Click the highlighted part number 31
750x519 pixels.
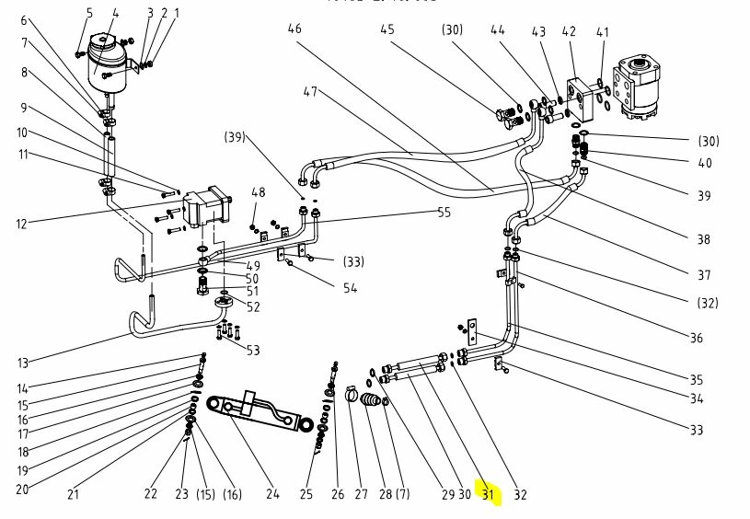tap(488, 495)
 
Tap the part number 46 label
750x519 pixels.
tap(294, 29)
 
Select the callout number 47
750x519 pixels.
tap(310, 92)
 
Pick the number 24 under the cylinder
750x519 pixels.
tap(272, 494)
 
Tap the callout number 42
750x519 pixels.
tap(569, 32)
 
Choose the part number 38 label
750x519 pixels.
tap(703, 240)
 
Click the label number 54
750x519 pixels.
tap(350, 289)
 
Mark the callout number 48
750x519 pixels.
tap(259, 192)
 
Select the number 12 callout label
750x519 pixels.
tap(23, 224)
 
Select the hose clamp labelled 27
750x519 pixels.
tap(352, 396)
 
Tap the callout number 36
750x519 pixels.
tap(696, 338)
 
